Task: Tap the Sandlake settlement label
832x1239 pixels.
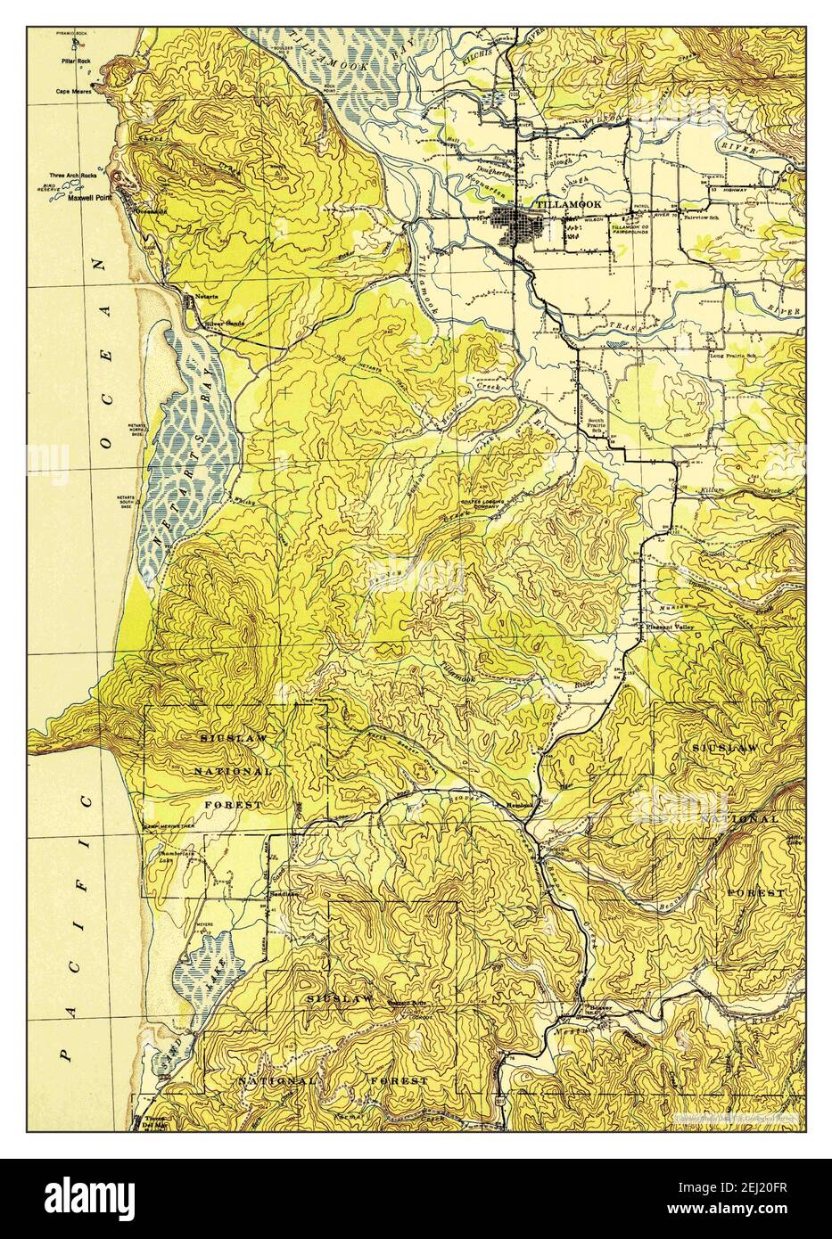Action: pyautogui.click(x=283, y=892)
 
